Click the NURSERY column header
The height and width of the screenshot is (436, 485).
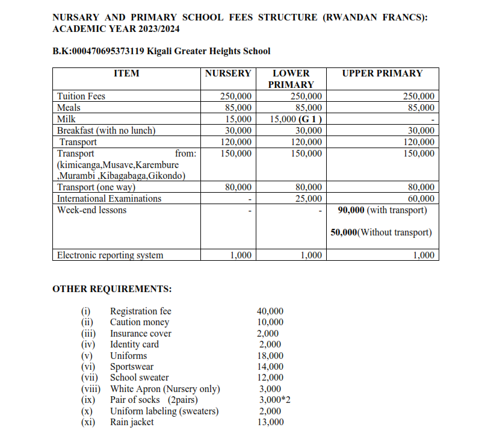pyautogui.click(x=227, y=73)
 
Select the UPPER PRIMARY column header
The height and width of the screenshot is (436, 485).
pyautogui.click(x=382, y=73)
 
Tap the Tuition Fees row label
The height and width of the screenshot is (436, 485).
pyautogui.click(x=81, y=96)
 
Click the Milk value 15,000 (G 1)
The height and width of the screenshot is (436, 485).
pyautogui.click(x=295, y=119)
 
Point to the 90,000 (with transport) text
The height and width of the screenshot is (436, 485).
pyautogui.click(x=383, y=210)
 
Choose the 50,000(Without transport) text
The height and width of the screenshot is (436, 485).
pyautogui.click(x=381, y=232)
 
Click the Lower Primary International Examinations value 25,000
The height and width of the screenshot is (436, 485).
pyautogui.click(x=310, y=199)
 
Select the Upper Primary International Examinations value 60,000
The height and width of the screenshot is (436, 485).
pyautogui.click(x=421, y=199)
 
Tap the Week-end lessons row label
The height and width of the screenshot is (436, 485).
pyautogui.click(x=91, y=210)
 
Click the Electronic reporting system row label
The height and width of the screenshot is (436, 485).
pyautogui.click(x=110, y=255)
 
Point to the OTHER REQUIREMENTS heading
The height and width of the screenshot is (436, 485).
pyautogui.click(x=112, y=289)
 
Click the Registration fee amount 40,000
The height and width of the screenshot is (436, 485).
pyautogui.click(x=270, y=311)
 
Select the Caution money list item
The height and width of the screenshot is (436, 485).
pyautogui.click(x=140, y=322)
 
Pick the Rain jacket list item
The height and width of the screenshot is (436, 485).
pyautogui.click(x=132, y=422)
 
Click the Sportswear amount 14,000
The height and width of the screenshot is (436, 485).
pyautogui.click(x=270, y=367)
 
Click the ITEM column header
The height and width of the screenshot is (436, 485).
pyautogui.click(x=126, y=73)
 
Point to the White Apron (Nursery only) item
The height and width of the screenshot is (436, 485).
pyautogui.click(x=165, y=389)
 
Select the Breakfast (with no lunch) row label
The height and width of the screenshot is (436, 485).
pyautogui.click(x=106, y=131)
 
